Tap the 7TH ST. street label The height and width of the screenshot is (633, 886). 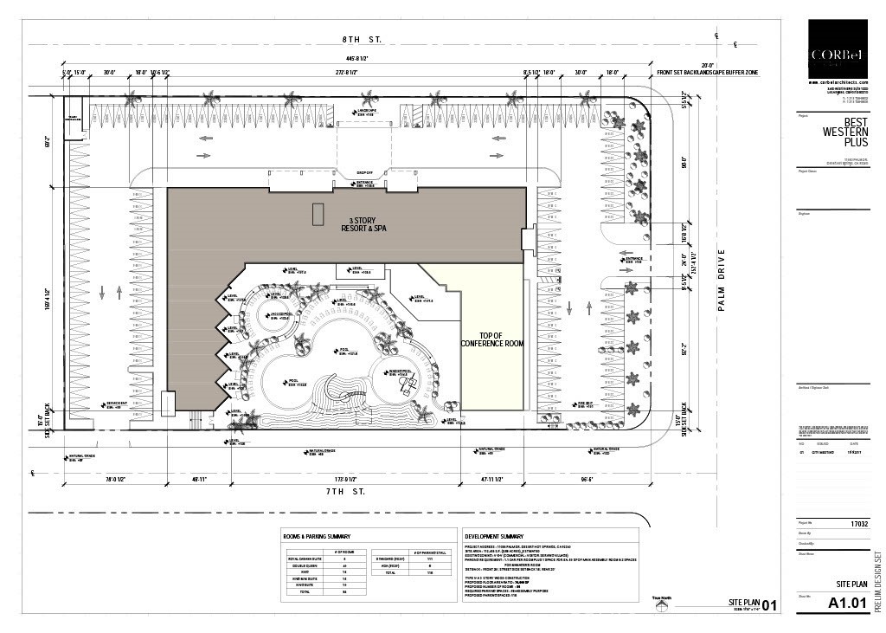(346, 491)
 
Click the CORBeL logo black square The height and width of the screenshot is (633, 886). (838, 49)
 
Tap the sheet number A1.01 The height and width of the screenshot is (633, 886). (847, 603)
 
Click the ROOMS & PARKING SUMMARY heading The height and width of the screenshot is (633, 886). (318, 536)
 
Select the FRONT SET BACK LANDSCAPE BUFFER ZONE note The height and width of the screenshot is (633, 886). (707, 74)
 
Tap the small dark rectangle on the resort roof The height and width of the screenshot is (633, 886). (318, 214)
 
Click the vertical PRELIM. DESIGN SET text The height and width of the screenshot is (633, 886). (877, 582)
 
